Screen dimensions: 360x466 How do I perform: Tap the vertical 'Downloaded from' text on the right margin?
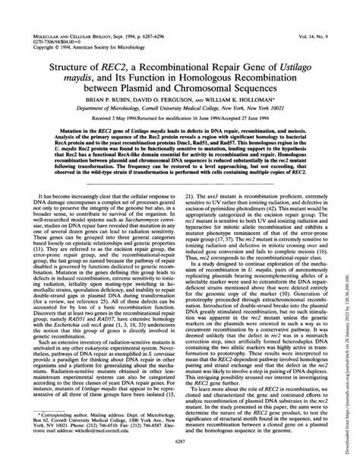tap(353, 319)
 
